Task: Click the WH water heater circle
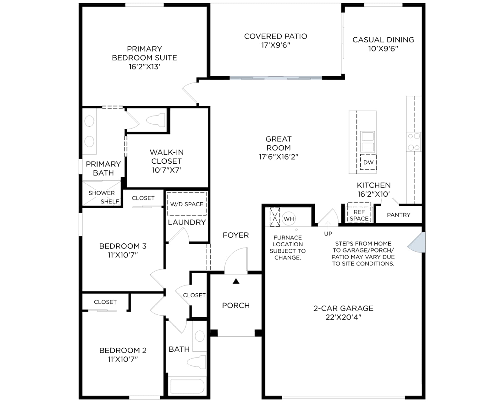289,219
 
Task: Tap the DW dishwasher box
368,162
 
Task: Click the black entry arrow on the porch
236,281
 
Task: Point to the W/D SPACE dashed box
187,204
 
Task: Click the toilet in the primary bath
156,120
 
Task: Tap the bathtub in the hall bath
187,386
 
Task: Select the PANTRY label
399,215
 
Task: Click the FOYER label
235,235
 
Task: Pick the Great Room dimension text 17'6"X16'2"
279,157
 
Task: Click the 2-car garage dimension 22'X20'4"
343,317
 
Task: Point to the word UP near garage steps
328,234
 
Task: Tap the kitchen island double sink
368,142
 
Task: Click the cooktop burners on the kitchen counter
413,142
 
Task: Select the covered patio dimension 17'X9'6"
276,45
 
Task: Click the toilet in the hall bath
196,362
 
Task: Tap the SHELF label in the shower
110,201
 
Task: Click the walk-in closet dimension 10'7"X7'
166,170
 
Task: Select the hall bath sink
200,336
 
